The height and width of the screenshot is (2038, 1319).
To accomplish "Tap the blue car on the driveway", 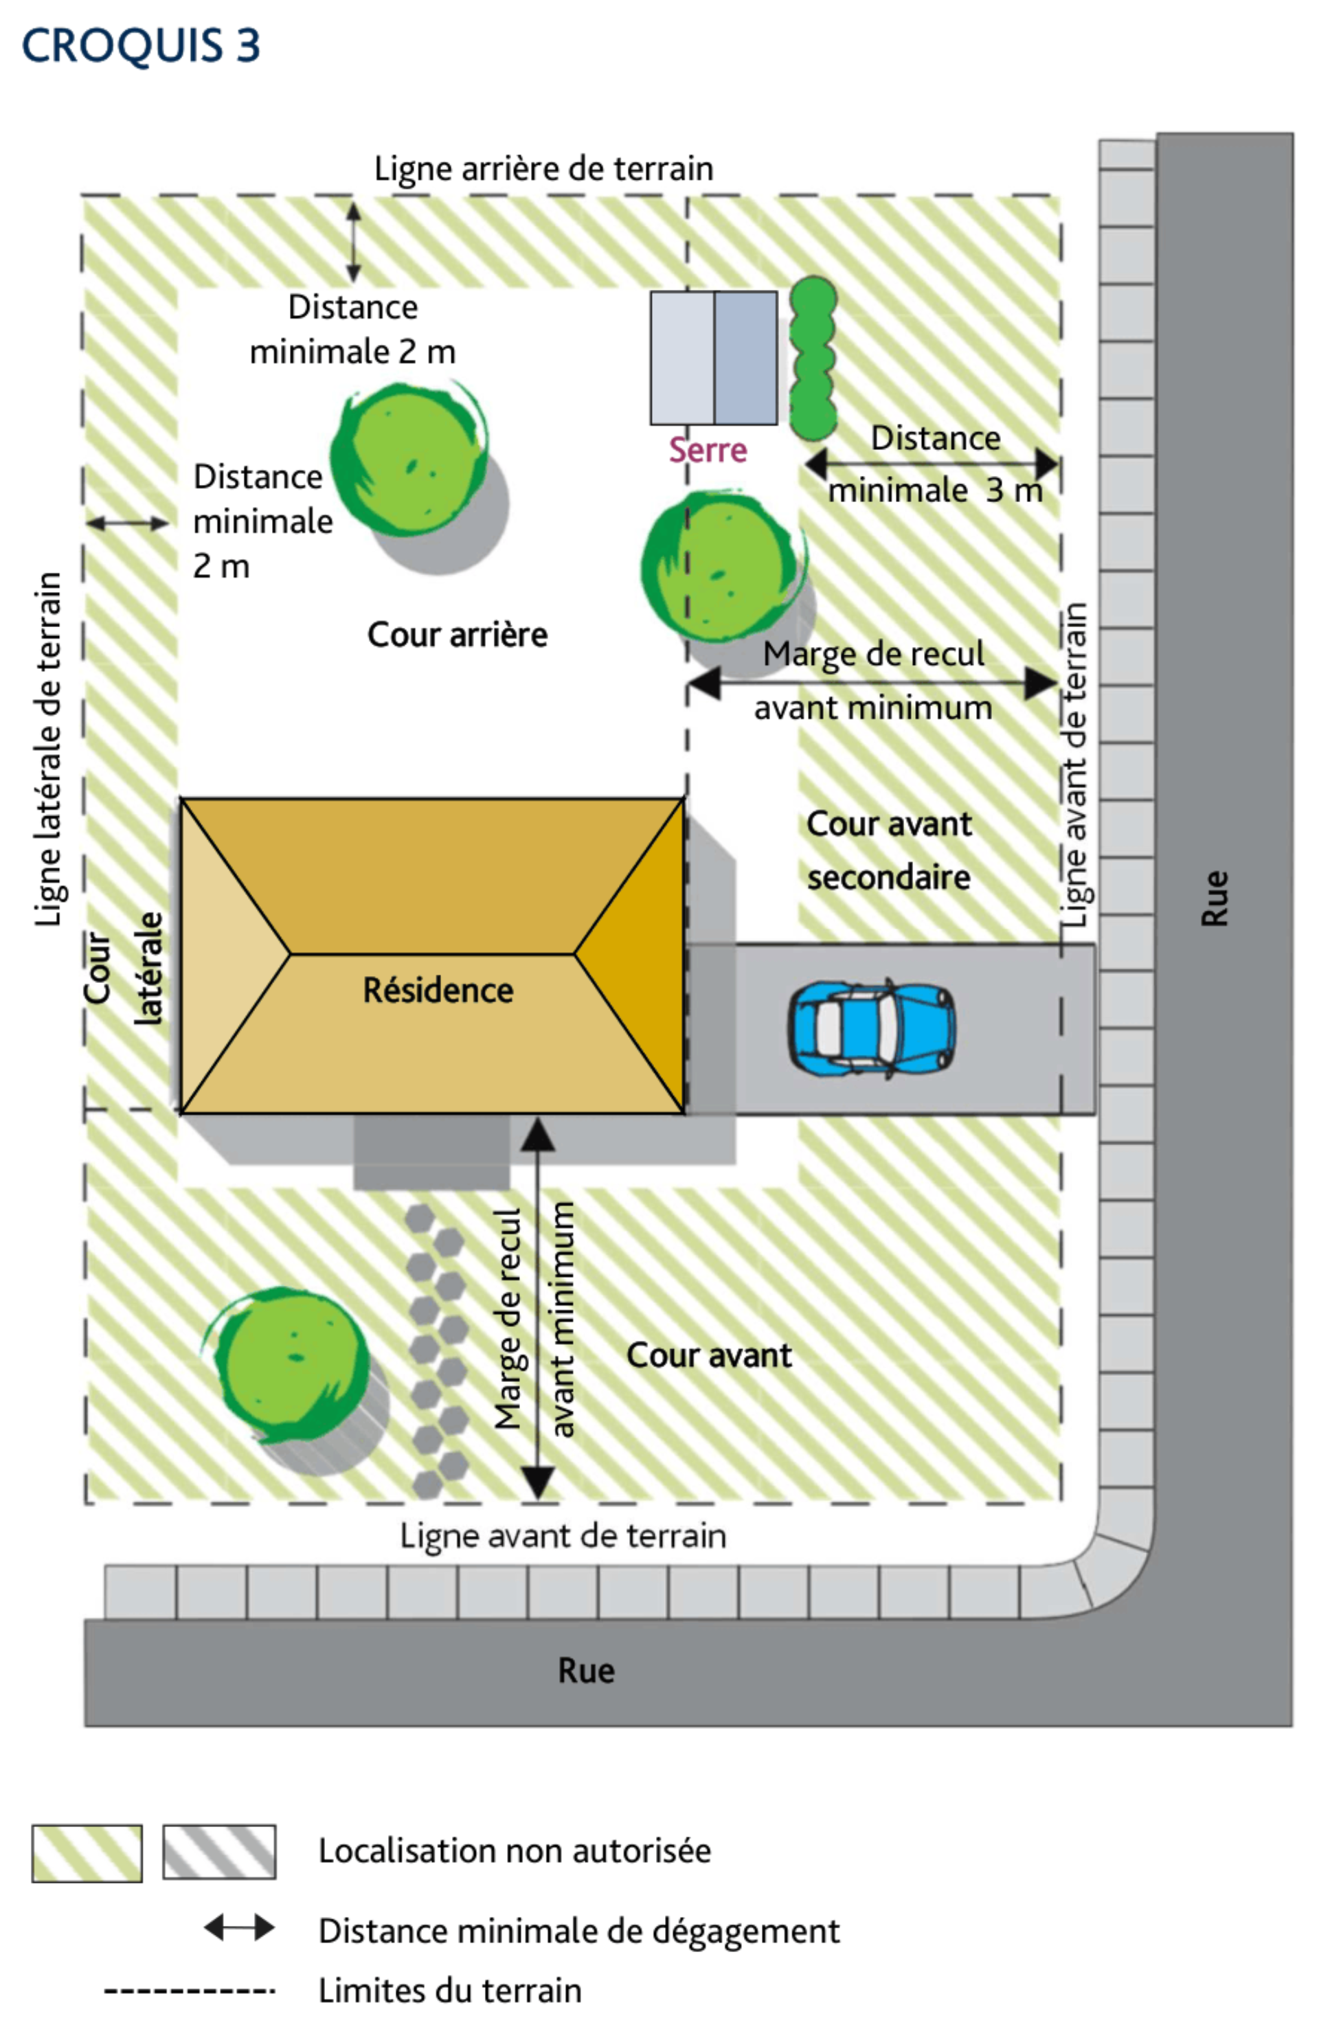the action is point(872,1028).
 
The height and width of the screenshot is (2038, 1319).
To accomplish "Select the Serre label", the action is point(708,449).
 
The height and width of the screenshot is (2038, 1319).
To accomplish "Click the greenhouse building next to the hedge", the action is point(714,358).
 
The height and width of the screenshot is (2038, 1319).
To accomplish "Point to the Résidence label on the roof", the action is point(438,990).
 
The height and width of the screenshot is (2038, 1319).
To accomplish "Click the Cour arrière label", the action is point(458,635).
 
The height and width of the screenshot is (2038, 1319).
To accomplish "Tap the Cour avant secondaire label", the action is point(889,850).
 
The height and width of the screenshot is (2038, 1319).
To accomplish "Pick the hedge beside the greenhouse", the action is point(813,358).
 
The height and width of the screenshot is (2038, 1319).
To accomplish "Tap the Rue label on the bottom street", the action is point(587,1671).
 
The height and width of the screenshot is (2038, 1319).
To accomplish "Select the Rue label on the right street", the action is point(1215,898).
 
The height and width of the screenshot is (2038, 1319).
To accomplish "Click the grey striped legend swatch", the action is point(219,1852).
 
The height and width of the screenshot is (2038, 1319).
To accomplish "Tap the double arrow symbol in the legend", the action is point(239,1928).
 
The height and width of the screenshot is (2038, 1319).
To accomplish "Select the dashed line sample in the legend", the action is point(190,1990).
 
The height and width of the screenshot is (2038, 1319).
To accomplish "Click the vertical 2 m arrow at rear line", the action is point(354,242).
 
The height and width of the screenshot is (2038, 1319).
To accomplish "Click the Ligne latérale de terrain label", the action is point(49,749).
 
